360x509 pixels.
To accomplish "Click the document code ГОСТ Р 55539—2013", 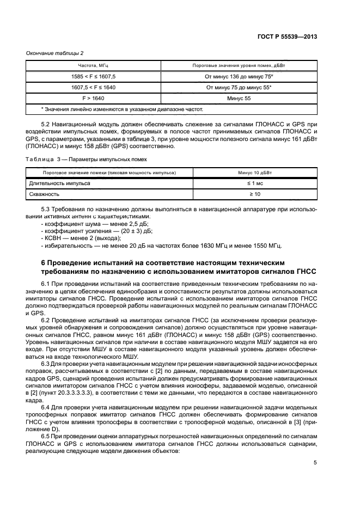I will (286, 36).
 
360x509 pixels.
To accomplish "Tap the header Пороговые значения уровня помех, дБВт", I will (239, 65).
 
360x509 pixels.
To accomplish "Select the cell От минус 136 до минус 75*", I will (239, 76).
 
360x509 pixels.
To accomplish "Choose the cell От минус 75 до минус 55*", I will (239, 87).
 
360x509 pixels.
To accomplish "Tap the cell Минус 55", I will (239, 99).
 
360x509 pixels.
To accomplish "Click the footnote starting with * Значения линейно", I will (116, 109).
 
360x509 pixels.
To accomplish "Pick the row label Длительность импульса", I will (59, 183).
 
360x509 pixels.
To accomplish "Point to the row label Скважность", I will (45, 194).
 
